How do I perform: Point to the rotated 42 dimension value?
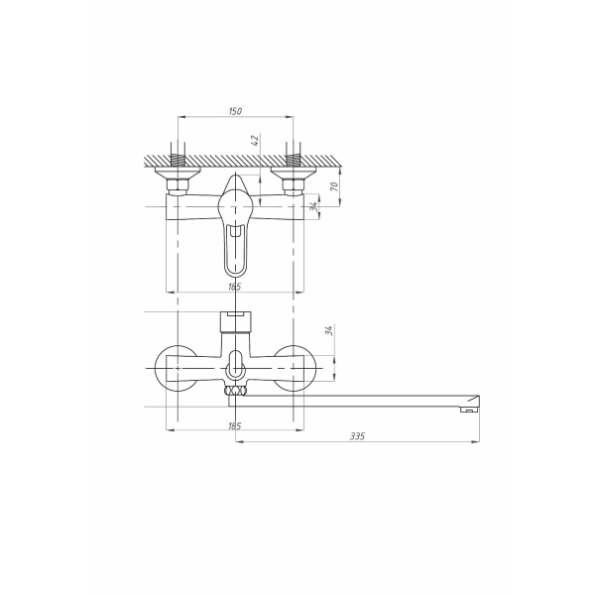(256, 141)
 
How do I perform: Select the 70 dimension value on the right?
(336, 185)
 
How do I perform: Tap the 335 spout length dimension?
(355, 435)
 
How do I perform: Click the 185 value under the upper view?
(234, 286)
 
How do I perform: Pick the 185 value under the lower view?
(234, 425)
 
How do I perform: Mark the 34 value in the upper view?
(314, 206)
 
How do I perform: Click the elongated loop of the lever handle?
(235, 251)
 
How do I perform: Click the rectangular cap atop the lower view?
(235, 320)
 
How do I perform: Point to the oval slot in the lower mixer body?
(235, 364)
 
